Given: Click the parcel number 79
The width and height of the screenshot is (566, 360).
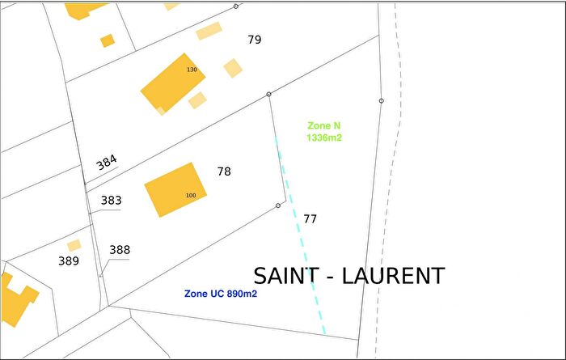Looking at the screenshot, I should coord(255,39).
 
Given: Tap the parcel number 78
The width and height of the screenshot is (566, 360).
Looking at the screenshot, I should coord(224,172).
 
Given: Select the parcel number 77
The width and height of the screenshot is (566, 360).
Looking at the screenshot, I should coord(310,218).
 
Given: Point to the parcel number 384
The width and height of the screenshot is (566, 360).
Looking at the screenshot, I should coord(107,162).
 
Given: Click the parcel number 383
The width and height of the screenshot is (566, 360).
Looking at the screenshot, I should coord(111,200).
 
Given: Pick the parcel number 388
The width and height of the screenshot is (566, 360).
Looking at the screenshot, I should coord(120,250).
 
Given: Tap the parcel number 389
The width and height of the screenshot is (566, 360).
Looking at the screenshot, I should coord(69,260).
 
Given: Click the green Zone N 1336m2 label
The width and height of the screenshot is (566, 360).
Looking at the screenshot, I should coord(324,132).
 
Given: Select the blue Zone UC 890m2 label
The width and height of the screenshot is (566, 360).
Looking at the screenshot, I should coord(221,294).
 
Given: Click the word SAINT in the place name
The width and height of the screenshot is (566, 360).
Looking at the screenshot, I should coord(286,276).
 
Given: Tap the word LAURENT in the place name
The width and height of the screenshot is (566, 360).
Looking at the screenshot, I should coord(394,276).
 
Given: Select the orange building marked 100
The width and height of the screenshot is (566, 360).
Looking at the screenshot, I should coord(174,188).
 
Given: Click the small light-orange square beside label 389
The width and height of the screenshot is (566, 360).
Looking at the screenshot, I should coord(74,245).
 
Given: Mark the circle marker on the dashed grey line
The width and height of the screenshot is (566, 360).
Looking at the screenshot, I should coord(381,100).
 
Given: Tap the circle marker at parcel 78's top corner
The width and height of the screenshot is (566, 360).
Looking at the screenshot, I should coord(269,95).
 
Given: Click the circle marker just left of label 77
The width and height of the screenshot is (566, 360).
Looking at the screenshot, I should coord(278,205).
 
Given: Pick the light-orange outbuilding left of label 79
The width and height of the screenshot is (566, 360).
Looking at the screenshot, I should coord(209,32).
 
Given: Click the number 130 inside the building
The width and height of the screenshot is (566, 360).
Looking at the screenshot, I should coord(192,70).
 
